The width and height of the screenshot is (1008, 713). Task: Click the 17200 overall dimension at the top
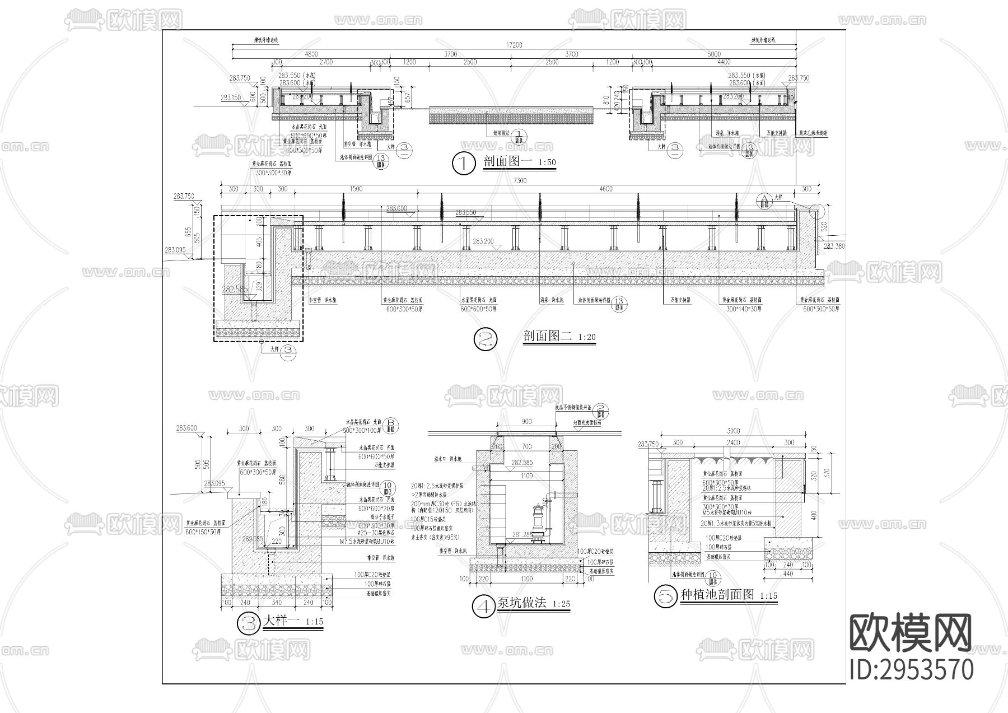click(514, 44)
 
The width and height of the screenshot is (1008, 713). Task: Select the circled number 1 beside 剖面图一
click(463, 164)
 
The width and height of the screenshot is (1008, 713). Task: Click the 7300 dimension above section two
click(520, 181)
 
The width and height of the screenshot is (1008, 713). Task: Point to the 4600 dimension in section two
click(606, 189)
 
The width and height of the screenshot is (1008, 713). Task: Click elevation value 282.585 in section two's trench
click(234, 290)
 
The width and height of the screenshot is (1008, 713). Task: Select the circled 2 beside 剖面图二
click(485, 339)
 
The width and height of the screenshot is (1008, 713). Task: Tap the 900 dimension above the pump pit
click(526, 422)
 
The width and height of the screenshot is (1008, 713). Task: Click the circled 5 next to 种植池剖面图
click(666, 596)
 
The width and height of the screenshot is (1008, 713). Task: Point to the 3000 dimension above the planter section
click(733, 431)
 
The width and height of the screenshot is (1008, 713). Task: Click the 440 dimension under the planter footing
click(787, 574)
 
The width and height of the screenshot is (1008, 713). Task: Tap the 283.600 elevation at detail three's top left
click(186, 428)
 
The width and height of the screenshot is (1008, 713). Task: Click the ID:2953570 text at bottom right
click(911, 670)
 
